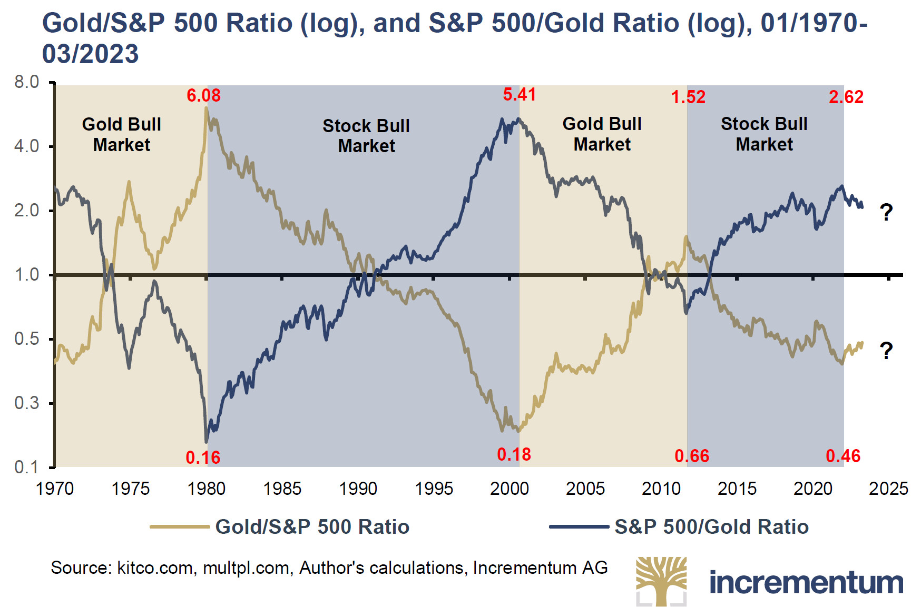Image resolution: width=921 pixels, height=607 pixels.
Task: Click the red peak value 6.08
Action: pos(203,95)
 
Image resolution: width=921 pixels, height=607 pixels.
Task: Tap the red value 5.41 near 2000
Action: pos(519,95)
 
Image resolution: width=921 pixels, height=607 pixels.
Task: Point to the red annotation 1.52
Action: pos(688,97)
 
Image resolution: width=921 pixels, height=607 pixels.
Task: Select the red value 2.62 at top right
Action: pos(846,97)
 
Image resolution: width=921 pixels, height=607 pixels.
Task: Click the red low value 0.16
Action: pos(203,457)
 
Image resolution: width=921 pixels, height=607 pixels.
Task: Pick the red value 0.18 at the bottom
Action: pos(514,454)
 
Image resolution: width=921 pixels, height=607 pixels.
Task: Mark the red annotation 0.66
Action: pos(692,456)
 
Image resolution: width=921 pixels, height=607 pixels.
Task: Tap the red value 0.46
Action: pos(843,456)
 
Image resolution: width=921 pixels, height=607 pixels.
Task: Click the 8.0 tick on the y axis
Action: pos(27,82)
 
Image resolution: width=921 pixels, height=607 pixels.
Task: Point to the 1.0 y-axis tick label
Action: pos(27,275)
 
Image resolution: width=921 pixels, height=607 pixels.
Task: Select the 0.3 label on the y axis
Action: pos(27,403)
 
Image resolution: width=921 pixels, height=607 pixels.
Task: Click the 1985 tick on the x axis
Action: pos(282,489)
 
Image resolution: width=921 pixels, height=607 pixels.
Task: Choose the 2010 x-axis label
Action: pos(661,489)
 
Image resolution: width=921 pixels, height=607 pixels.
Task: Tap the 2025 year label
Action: pos(888,489)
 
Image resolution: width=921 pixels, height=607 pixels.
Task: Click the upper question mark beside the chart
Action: pos(886,212)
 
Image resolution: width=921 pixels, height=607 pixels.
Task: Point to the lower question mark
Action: pos(886,351)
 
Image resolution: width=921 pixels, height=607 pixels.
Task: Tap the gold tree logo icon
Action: pos(661,581)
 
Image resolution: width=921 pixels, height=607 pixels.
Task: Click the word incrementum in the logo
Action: pos(806,582)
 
